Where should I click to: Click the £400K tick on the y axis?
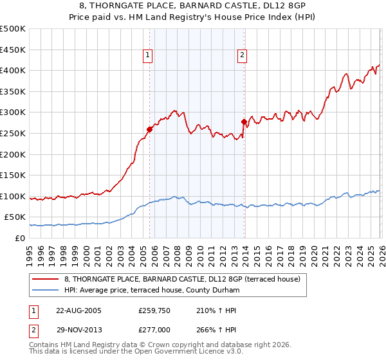click(13, 71)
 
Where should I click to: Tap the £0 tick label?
click(19, 239)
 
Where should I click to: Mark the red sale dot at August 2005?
click(149, 129)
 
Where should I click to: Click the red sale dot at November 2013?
click(244, 122)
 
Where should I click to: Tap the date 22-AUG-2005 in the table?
click(78, 310)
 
